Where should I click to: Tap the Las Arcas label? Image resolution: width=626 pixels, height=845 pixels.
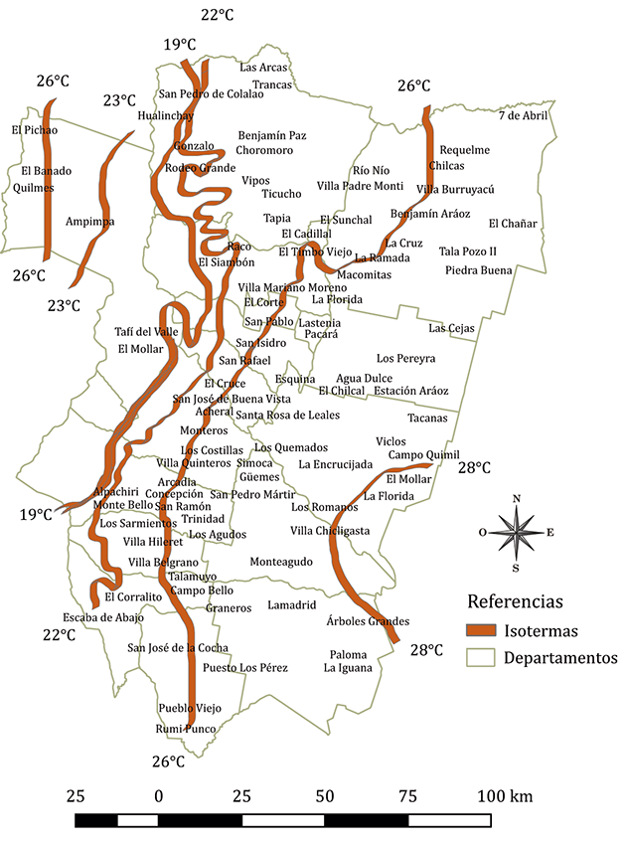click(x=264, y=68)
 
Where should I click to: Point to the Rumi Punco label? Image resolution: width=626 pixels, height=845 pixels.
click(x=185, y=729)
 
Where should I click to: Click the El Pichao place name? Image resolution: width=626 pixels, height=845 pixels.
click(x=35, y=130)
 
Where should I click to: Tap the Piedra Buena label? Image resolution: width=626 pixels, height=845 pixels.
click(x=478, y=270)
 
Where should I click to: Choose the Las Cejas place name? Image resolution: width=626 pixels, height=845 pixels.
click(x=452, y=328)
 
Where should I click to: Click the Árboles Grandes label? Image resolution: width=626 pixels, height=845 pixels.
click(x=368, y=621)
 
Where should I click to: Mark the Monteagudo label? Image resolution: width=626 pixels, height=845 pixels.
click(x=280, y=562)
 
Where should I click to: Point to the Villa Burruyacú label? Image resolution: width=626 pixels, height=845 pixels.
click(x=455, y=188)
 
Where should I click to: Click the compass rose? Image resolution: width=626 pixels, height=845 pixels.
click(x=516, y=532)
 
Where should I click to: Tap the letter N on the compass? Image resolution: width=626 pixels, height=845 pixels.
click(x=516, y=498)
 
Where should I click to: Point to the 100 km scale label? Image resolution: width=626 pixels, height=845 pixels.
click(x=506, y=796)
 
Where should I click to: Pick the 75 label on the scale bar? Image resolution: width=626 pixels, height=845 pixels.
click(x=407, y=796)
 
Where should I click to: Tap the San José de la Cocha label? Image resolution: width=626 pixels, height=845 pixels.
click(x=178, y=648)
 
